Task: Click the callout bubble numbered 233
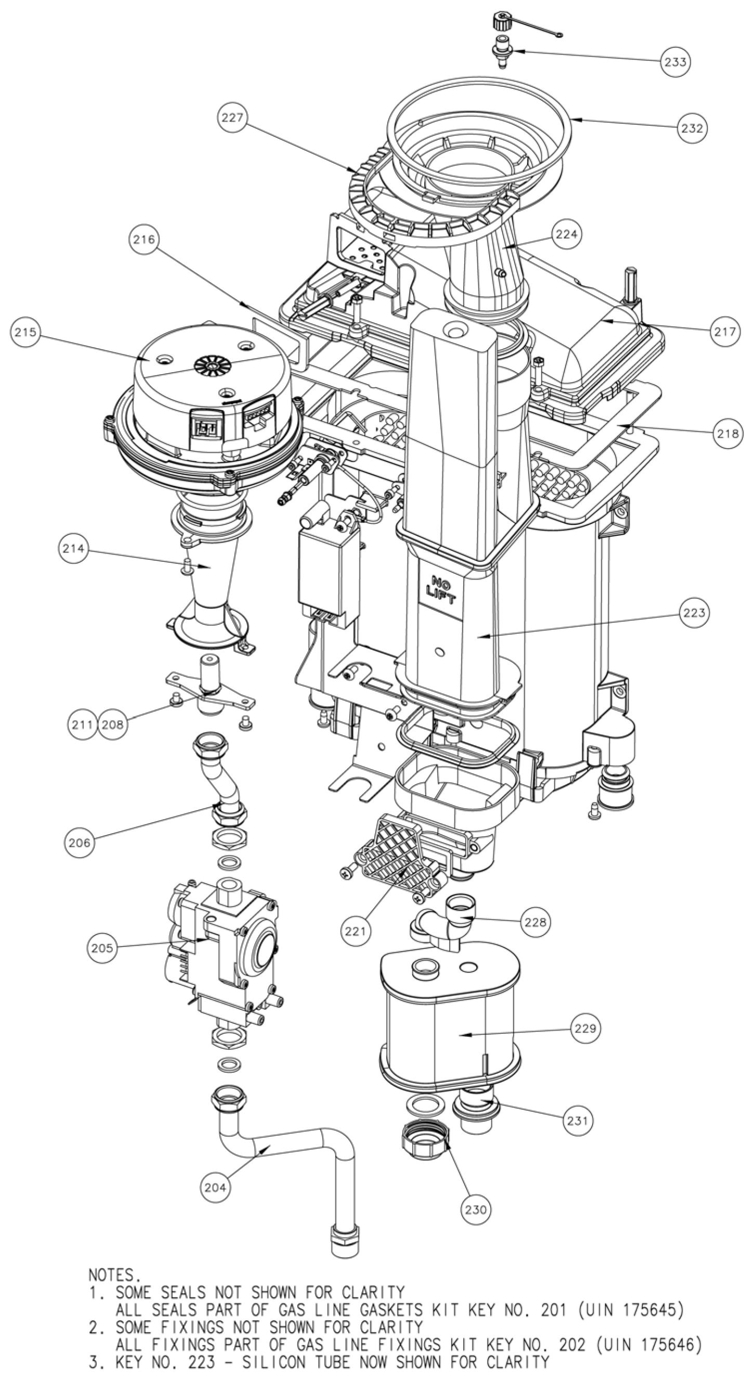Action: (x=675, y=62)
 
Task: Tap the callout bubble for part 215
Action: (x=26, y=332)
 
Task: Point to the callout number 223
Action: (x=694, y=612)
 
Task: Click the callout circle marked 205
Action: (x=102, y=948)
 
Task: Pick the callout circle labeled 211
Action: (x=82, y=725)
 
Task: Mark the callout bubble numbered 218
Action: (x=728, y=432)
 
